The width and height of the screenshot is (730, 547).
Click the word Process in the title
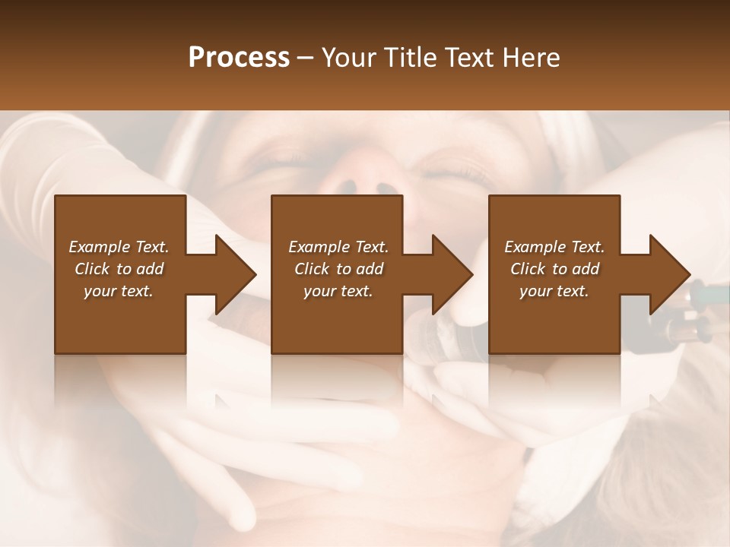[239, 58]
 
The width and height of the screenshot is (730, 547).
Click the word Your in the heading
[350, 58]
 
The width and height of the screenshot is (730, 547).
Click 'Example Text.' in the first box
[119, 247]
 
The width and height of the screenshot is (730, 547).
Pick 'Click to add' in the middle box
[338, 269]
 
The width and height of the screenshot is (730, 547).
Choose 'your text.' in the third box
[554, 291]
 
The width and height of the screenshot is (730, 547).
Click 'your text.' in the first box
[119, 291]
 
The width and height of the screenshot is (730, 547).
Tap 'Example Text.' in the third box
[554, 247]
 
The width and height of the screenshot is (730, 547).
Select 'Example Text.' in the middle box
[338, 247]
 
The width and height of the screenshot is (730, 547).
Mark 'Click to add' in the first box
[119, 269]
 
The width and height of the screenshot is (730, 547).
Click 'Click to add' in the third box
[554, 269]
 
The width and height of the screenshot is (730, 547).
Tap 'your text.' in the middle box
[338, 291]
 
